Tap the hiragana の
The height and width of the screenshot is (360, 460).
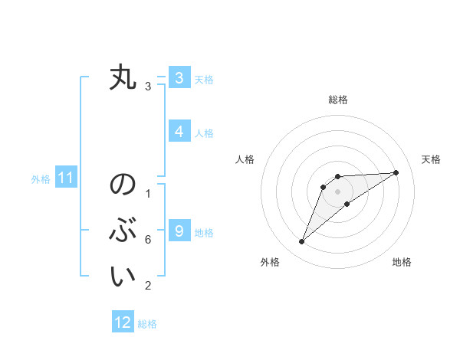click(123, 185)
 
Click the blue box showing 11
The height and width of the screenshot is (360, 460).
click(65, 178)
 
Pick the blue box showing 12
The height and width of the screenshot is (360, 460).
click(123, 322)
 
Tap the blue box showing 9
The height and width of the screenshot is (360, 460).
click(179, 231)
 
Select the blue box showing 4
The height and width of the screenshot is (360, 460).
click(179, 132)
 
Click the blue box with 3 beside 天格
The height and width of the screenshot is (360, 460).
click(179, 78)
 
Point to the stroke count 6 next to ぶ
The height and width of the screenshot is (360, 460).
click(148, 240)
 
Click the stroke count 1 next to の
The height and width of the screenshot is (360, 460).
click(148, 194)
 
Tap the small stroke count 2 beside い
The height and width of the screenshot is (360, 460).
click(148, 286)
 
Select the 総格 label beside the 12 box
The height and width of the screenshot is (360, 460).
click(147, 324)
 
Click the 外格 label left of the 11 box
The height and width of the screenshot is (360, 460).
click(41, 179)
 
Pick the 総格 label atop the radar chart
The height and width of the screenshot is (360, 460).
click(337, 100)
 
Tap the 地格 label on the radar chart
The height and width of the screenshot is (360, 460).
click(402, 263)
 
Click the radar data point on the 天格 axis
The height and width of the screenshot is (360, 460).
click(396, 172)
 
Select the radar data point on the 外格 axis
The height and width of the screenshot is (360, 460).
click(301, 242)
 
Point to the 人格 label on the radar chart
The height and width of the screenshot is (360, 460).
click(245, 159)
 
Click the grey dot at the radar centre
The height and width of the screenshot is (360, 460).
click(337, 191)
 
